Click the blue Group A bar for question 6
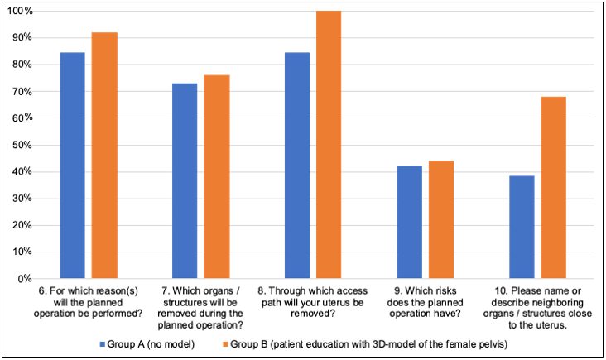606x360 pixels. tap(72, 166)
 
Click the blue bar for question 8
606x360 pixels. tap(297, 166)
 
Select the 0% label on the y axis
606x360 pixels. tap(25, 279)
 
